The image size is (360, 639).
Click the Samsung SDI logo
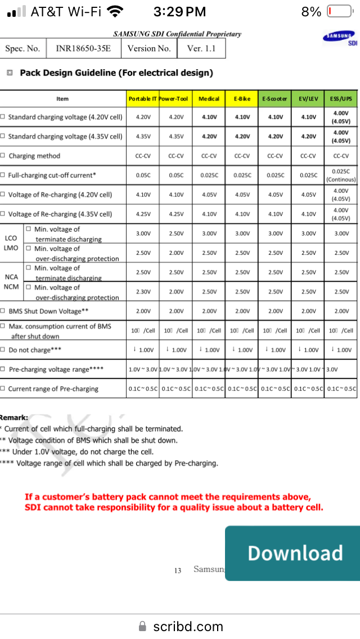(x=340, y=38)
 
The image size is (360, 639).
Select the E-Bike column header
(x=242, y=99)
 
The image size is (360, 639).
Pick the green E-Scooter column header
(x=275, y=99)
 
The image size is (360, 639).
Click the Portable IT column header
(x=143, y=99)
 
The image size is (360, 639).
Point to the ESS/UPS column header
(x=341, y=99)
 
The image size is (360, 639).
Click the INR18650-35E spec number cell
(x=83, y=48)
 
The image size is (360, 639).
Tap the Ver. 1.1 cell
(x=201, y=48)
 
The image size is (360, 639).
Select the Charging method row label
(x=34, y=156)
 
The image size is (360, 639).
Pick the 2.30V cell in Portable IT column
(x=143, y=291)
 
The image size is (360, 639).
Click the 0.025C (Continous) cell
(x=341, y=175)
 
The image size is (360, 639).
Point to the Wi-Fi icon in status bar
(x=115, y=11)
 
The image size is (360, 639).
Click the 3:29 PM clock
(x=179, y=12)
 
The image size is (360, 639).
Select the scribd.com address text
(x=188, y=626)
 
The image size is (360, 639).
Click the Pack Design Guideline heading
(x=116, y=73)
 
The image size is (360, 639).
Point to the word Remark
(x=14, y=418)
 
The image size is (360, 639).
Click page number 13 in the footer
(x=178, y=570)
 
